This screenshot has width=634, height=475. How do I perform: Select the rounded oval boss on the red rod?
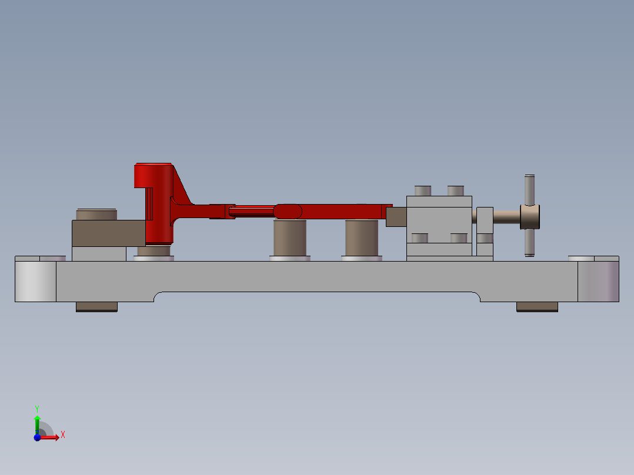(x=288, y=210)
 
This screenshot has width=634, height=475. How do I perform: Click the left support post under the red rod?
(x=290, y=237)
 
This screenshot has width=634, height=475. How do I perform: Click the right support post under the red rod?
(x=361, y=237)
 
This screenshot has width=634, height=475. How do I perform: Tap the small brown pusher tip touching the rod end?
(x=396, y=216)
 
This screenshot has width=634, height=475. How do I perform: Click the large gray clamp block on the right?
(x=439, y=219)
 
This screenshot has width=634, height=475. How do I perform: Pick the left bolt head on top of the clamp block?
(x=422, y=190)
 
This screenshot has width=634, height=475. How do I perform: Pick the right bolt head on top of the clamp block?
(x=456, y=190)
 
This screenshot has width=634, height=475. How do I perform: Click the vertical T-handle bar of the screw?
(x=529, y=188)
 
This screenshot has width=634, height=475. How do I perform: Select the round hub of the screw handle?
(x=530, y=216)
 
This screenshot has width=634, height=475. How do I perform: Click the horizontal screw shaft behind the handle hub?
(x=506, y=216)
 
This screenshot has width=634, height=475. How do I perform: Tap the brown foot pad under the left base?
(x=96, y=306)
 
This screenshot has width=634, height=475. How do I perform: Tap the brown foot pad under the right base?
(x=537, y=306)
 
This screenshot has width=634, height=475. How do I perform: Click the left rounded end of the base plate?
(x=35, y=281)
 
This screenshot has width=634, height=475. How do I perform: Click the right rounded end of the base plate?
(x=598, y=281)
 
